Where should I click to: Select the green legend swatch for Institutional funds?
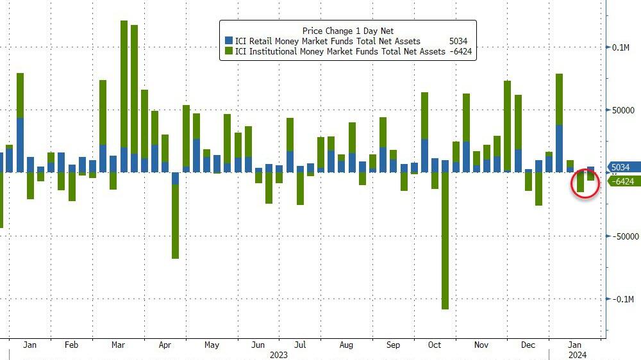pos(228,52)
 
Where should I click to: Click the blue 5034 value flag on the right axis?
pos(620,168)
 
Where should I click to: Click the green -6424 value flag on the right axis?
pos(620,181)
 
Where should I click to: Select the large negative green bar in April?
pos(175,221)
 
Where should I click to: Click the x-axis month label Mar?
pos(118,345)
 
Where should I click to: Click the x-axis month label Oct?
pos(435,345)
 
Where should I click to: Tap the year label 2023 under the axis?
pos(278,354)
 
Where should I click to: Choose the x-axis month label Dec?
pos(528,345)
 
